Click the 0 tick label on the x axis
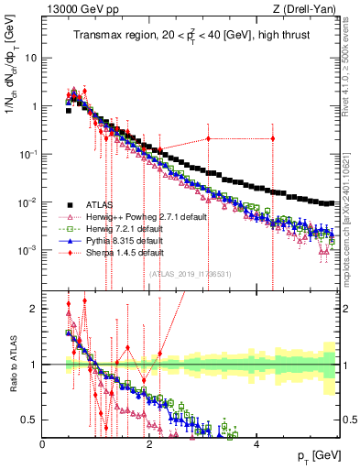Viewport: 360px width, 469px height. coord(43,443)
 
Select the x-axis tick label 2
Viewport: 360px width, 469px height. coord(149,443)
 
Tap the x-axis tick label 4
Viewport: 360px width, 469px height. coord(256,443)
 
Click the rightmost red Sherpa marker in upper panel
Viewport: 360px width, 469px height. coord(272,138)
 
